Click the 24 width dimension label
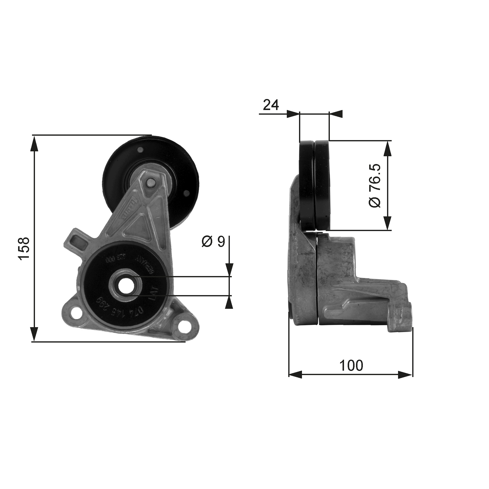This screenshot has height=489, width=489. click(x=271, y=105)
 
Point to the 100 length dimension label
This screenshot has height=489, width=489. click(x=351, y=365)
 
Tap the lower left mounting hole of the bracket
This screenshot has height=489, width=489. click(x=75, y=314)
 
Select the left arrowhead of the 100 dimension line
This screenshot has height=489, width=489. click(x=296, y=375)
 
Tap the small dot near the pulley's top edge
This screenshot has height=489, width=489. click(x=140, y=150)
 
